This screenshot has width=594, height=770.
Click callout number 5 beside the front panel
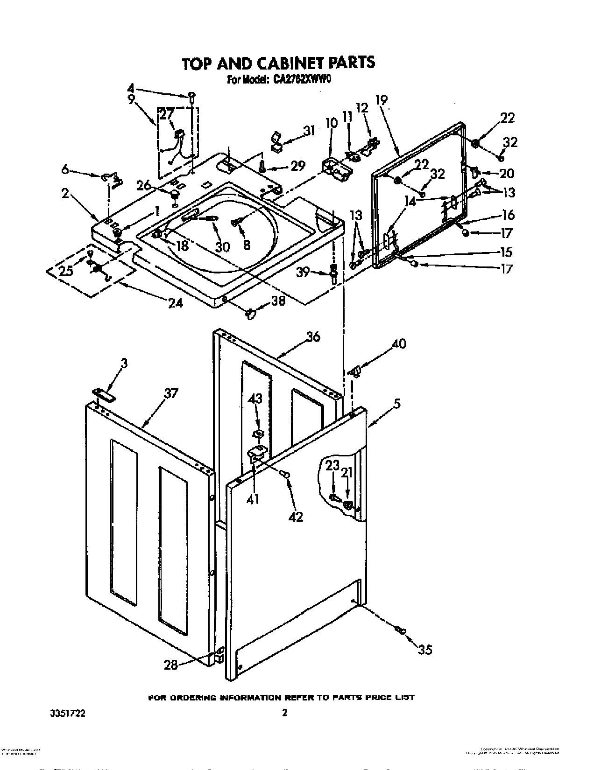pyautogui.click(x=396, y=404)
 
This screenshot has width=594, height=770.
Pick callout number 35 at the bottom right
pyautogui.click(x=424, y=649)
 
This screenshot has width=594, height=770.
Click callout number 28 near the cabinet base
pyautogui.click(x=170, y=665)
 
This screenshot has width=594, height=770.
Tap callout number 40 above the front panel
pyautogui.click(x=398, y=344)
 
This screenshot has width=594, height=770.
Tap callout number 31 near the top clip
pyautogui.click(x=309, y=131)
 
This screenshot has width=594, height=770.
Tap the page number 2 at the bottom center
pyautogui.click(x=284, y=713)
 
